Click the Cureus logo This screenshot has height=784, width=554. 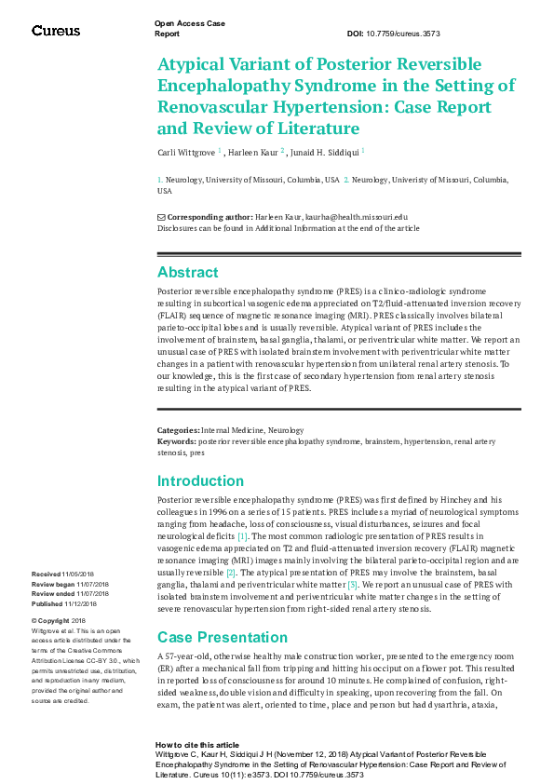pos(56,31)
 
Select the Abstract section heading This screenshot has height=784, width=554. pos(188,273)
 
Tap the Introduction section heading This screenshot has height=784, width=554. pos(200,481)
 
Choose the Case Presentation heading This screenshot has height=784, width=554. pos(216,637)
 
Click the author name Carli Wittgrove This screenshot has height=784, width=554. pos(185,150)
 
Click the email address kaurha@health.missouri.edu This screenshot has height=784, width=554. pos(358,216)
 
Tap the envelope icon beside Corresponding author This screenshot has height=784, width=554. pos(161,216)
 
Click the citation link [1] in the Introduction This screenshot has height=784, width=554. pos(242,537)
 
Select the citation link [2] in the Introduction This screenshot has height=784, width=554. pos(231,572)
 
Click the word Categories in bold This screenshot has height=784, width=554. pos(178,430)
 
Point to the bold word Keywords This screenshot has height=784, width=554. pos(176,440)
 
